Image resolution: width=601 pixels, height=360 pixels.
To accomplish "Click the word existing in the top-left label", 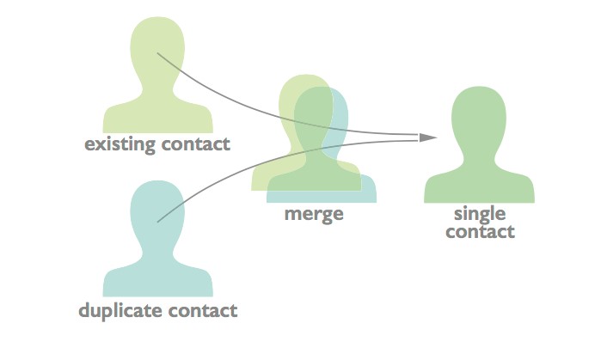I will coord(120,143).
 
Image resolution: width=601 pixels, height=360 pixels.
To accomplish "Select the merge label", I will coord(314,214).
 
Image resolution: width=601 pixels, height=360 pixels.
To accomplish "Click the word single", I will coord(480,214).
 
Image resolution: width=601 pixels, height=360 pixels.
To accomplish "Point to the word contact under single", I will coord(480,232).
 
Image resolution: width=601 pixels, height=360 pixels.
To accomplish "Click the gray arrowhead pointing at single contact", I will coord(428,137).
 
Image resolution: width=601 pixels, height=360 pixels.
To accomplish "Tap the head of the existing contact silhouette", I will coord(157,47).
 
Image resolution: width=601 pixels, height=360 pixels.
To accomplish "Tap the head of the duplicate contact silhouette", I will coord(157,211).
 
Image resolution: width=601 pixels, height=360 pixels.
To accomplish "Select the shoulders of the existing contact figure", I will coord(157,116).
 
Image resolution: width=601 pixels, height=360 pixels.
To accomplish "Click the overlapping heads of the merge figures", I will coord(315,112).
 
